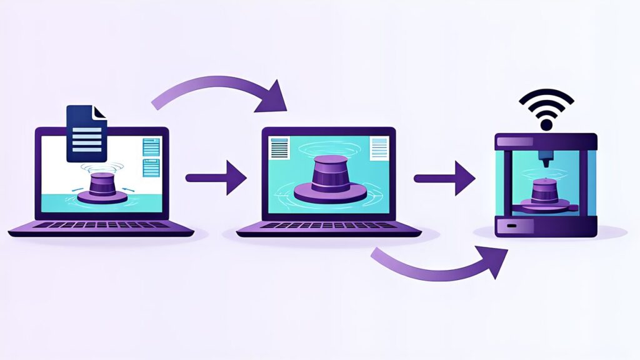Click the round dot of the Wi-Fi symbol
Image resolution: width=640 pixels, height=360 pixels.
546,124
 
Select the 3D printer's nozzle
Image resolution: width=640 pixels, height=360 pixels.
546,159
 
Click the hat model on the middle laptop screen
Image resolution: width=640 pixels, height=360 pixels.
329,178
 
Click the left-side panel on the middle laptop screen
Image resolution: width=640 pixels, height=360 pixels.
279,149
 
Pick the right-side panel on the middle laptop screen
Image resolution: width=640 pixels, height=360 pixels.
379,149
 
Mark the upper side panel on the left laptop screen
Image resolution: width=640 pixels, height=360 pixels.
151,147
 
